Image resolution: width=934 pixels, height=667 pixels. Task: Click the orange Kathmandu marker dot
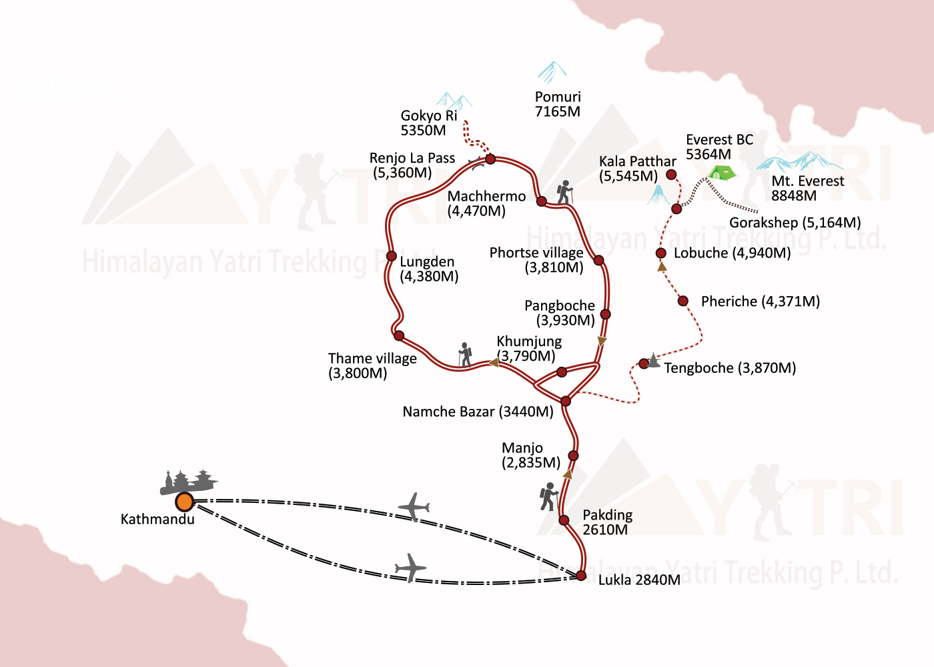(184, 502)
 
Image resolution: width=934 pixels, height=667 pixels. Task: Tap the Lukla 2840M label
(638, 580)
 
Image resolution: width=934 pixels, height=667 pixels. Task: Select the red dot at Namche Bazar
(566, 401)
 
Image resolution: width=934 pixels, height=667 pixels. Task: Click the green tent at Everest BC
(721, 173)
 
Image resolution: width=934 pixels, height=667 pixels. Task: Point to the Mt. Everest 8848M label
(807, 188)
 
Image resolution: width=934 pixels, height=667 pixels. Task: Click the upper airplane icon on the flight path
(414, 507)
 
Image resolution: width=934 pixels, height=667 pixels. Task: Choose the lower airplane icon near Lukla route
(411, 568)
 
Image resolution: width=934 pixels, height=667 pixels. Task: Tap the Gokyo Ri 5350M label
(428, 123)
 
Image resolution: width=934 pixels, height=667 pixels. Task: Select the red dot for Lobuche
(660, 253)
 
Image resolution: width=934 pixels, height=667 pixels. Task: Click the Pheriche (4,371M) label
(760, 301)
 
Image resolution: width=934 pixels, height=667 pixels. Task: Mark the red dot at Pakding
(564, 520)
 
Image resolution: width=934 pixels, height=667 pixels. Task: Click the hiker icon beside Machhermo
(565, 192)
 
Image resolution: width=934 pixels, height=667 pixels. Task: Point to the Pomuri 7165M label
(558, 104)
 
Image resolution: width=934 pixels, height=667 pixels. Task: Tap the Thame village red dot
(399, 336)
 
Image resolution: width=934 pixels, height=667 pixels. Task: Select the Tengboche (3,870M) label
(730, 368)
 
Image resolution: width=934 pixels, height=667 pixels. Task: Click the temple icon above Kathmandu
(187, 482)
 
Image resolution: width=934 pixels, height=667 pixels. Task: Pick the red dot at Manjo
(573, 456)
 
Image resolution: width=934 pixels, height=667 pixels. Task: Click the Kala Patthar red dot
(672, 175)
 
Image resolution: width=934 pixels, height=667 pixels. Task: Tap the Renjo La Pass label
(412, 165)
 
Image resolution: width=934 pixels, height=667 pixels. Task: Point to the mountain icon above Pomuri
(552, 72)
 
